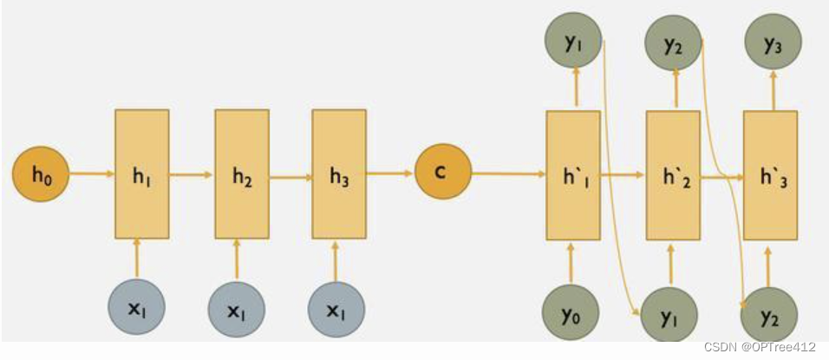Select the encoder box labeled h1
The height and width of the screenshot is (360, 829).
(x=141, y=173)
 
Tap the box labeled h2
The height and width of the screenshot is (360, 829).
(x=242, y=173)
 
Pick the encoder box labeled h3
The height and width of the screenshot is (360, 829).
(x=339, y=173)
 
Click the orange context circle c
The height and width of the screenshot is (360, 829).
(x=442, y=173)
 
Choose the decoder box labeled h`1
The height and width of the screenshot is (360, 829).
(x=572, y=174)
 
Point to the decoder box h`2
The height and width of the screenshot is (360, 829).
(x=673, y=174)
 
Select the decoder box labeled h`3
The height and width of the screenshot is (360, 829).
(x=770, y=174)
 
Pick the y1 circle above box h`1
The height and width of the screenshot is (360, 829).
(x=573, y=42)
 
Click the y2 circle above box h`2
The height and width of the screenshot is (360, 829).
(x=673, y=42)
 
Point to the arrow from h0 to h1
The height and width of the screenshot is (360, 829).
(x=92, y=174)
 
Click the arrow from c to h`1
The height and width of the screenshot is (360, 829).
(x=508, y=174)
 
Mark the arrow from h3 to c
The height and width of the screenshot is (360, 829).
(x=389, y=173)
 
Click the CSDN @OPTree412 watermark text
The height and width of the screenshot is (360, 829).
(x=760, y=347)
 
